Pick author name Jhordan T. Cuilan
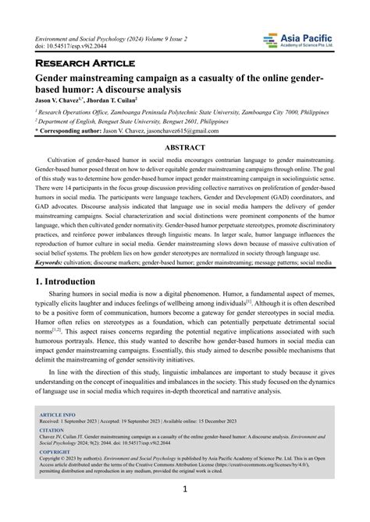tap(114, 100)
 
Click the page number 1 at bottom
tap(185, 490)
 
